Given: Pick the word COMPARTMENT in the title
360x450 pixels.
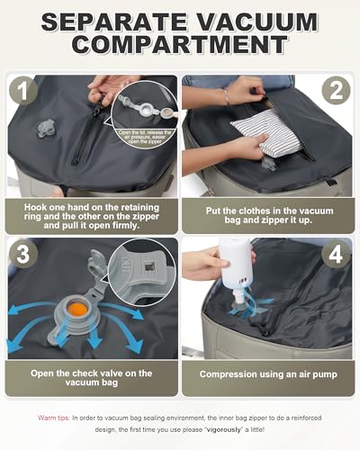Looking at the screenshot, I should pos(180,45).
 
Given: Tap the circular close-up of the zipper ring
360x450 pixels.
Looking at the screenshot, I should pos(144,121).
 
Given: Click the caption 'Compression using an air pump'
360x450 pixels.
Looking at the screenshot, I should pos(269,373).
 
